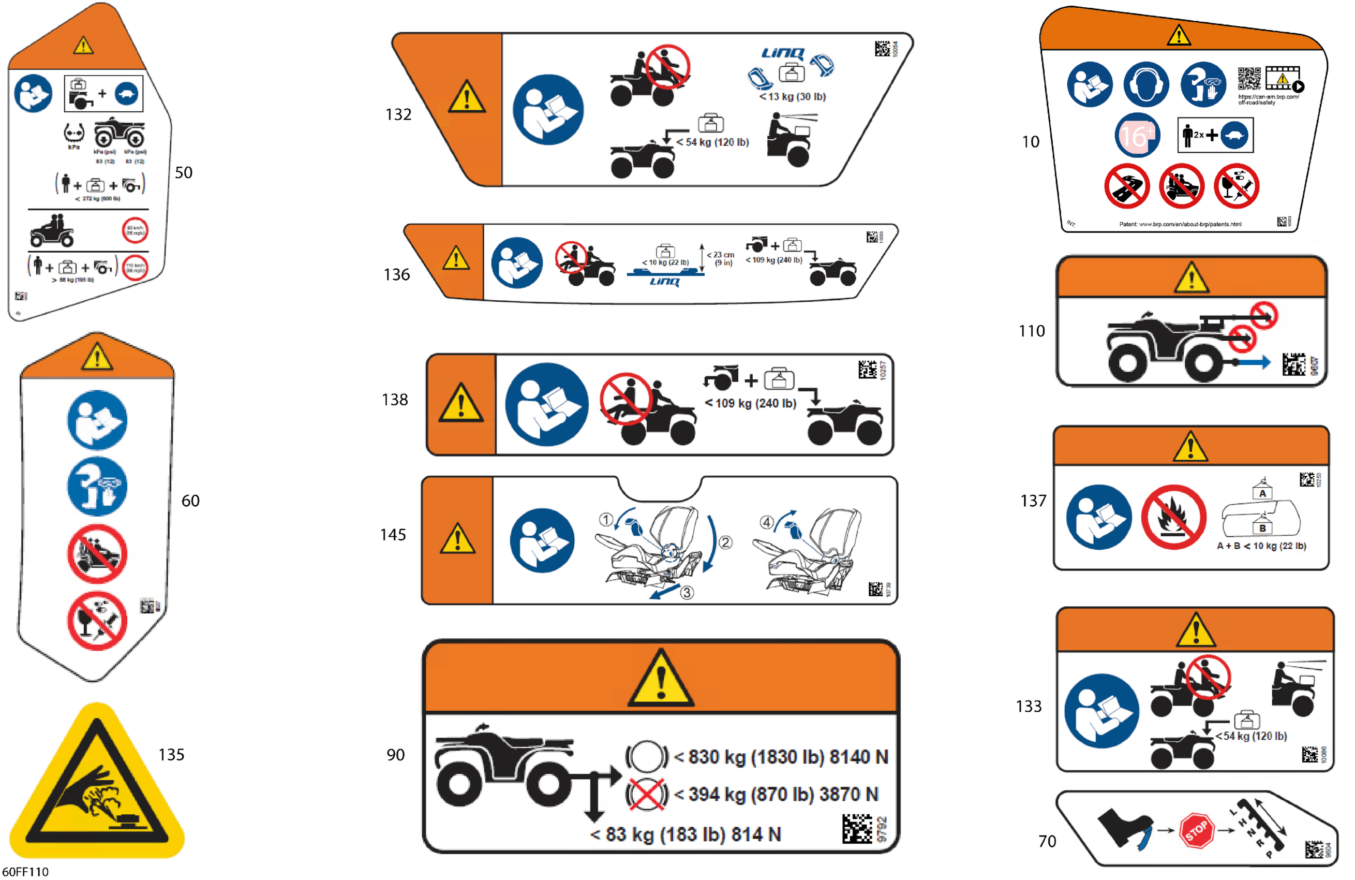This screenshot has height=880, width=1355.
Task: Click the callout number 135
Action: click(171, 755)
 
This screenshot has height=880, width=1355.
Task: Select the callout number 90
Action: click(396, 755)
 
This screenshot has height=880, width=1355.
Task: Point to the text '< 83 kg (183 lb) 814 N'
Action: click(686, 834)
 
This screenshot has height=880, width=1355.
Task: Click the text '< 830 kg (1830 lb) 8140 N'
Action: click(781, 757)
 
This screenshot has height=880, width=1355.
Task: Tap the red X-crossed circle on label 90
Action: click(646, 794)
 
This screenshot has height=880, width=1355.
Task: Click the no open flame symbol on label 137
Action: click(1173, 517)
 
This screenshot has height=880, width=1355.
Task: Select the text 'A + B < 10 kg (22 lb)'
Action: click(1261, 546)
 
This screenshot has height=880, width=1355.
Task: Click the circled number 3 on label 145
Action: click(687, 592)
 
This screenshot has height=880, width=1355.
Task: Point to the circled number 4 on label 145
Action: click(766, 522)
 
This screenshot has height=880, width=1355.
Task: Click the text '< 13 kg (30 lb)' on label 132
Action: click(792, 97)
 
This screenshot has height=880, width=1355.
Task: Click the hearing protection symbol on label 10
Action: click(1146, 85)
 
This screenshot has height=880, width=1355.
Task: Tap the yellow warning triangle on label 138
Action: click(460, 403)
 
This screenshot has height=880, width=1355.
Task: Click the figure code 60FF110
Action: click(26, 871)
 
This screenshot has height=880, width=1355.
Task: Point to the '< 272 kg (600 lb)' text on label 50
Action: click(98, 199)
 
